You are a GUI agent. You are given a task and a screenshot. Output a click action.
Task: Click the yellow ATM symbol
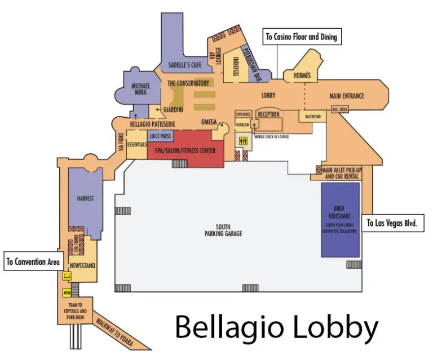click(x=67, y=293)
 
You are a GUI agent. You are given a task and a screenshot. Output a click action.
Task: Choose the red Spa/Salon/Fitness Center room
click(x=184, y=151)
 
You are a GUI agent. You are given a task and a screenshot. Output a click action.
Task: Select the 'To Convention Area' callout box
click(x=32, y=262)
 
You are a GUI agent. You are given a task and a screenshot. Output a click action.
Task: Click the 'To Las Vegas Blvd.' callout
click(x=395, y=223)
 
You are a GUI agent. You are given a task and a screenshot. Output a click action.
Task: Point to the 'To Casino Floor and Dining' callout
click(x=301, y=37)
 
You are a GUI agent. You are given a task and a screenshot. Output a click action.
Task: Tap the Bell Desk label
click(x=341, y=109)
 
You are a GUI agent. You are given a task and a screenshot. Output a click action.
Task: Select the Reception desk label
click(x=268, y=114)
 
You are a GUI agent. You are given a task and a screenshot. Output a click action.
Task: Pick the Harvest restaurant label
click(x=85, y=198)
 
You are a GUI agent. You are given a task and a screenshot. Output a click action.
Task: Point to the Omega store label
click(x=209, y=122)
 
